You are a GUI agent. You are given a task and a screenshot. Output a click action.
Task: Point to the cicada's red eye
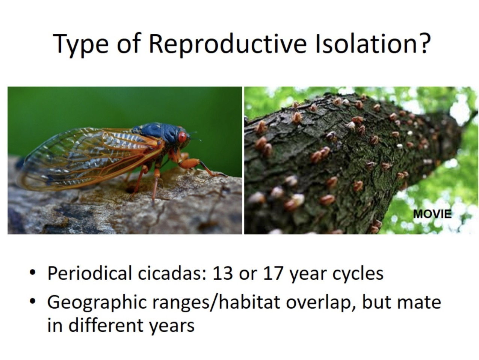click(x=183, y=137)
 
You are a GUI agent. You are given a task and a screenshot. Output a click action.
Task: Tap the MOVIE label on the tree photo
click(x=432, y=214)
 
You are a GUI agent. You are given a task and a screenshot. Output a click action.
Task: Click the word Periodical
click(x=89, y=273)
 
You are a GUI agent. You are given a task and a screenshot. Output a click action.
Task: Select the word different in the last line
click(x=106, y=325)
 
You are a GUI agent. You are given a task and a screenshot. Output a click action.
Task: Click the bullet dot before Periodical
click(x=32, y=273)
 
